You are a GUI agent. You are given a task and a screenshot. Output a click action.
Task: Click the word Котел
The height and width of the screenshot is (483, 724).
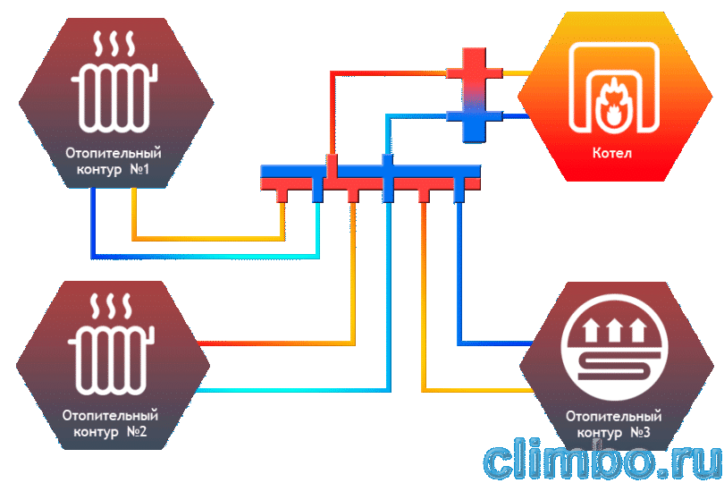tap(611, 153)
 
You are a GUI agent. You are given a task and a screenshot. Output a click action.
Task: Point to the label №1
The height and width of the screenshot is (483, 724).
tap(139, 169)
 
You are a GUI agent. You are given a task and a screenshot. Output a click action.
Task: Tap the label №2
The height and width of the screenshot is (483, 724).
tap(137, 432)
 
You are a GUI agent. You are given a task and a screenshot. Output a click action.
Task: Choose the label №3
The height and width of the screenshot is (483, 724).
tap(640, 433)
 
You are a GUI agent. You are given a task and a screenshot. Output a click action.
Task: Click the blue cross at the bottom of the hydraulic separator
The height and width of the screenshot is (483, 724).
tap(475, 119)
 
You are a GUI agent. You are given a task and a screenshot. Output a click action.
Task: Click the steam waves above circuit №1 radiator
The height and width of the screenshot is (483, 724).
tap(114, 44)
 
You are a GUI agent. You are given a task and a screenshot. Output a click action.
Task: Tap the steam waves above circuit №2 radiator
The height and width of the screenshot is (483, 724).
tap(111, 306)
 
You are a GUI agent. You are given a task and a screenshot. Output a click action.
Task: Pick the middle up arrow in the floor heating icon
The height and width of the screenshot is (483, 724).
tap(614, 329)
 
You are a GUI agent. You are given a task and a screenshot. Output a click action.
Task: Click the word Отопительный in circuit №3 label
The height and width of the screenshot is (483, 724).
tap(614, 416)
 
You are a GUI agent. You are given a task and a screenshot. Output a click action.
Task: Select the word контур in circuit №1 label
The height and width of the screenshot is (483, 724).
tap(99, 170)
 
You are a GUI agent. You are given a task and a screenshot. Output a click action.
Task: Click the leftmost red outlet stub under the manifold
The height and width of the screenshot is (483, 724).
tap(282, 196)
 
